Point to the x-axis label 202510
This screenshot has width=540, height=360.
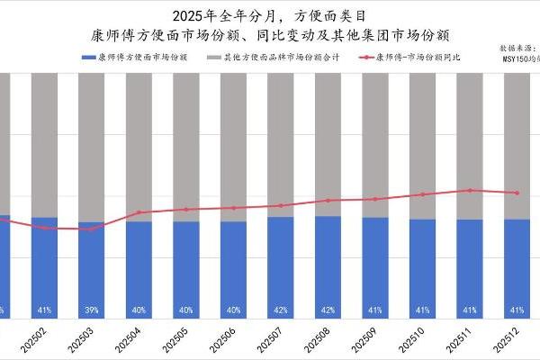[x=421, y=344]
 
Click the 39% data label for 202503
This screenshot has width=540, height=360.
[x=92, y=310]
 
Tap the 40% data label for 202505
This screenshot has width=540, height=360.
[x=186, y=310]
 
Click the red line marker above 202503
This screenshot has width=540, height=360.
[x=92, y=229]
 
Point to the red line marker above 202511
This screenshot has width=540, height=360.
[x=469, y=190]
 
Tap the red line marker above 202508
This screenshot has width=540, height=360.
[x=328, y=201]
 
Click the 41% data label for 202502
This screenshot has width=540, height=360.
[x=44, y=310]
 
